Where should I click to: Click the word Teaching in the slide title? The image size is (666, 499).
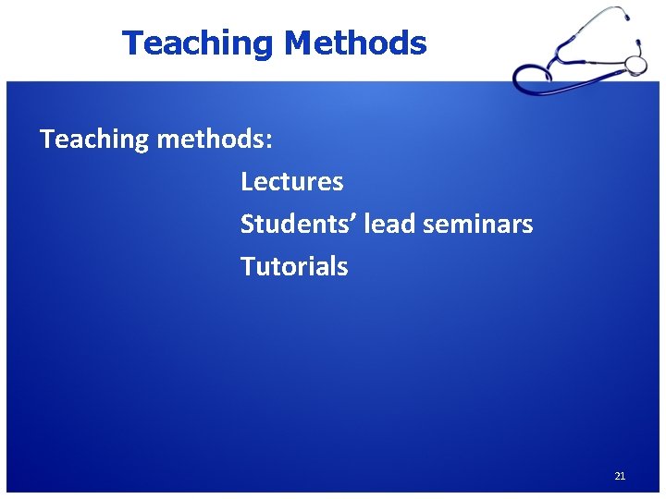(x=199, y=43)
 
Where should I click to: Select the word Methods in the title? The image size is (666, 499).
(x=355, y=43)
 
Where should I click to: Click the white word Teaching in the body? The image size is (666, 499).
(x=94, y=140)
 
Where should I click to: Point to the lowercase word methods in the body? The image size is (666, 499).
(x=211, y=140)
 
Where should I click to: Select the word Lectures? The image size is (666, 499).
(x=291, y=181)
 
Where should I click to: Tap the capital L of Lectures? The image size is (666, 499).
(x=247, y=181)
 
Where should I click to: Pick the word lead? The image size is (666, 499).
(x=389, y=224)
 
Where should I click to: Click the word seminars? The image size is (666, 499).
(x=478, y=224)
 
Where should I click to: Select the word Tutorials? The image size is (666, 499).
(x=294, y=266)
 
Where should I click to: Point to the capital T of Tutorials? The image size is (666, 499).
(x=247, y=266)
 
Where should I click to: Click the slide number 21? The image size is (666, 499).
(x=620, y=476)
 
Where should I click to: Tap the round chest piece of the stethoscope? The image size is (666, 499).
(x=635, y=64)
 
